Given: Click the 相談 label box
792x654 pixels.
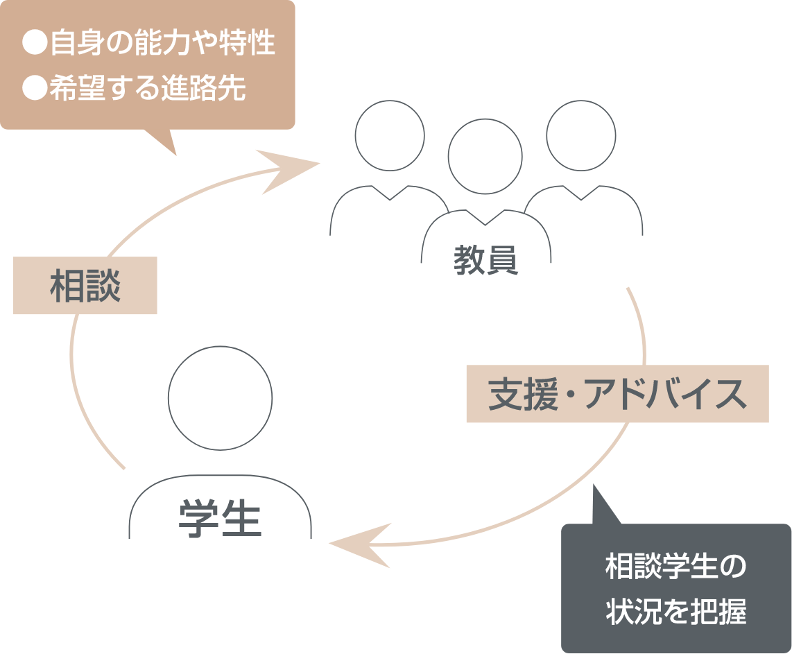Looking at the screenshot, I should [x=85, y=286].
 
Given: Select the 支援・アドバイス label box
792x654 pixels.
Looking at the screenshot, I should [x=617, y=394].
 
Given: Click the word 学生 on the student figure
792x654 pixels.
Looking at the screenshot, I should [x=220, y=519].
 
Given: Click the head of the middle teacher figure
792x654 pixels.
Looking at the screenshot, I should [x=485, y=157].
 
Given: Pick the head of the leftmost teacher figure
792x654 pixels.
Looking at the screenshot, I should [x=389, y=135].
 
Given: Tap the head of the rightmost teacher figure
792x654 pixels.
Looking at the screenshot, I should [x=580, y=135].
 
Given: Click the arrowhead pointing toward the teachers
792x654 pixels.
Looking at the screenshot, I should [x=291, y=168].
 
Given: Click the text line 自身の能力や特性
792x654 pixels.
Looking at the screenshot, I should [x=162, y=43].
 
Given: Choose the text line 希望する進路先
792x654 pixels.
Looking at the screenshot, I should [x=147, y=88].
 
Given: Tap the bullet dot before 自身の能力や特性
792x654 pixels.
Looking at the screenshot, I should [x=33, y=44].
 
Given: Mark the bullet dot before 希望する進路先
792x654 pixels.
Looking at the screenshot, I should [x=33, y=89].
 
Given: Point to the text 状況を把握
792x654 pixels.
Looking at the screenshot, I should [x=675, y=612].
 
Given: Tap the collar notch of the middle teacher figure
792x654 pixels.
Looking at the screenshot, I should [x=485, y=220].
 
